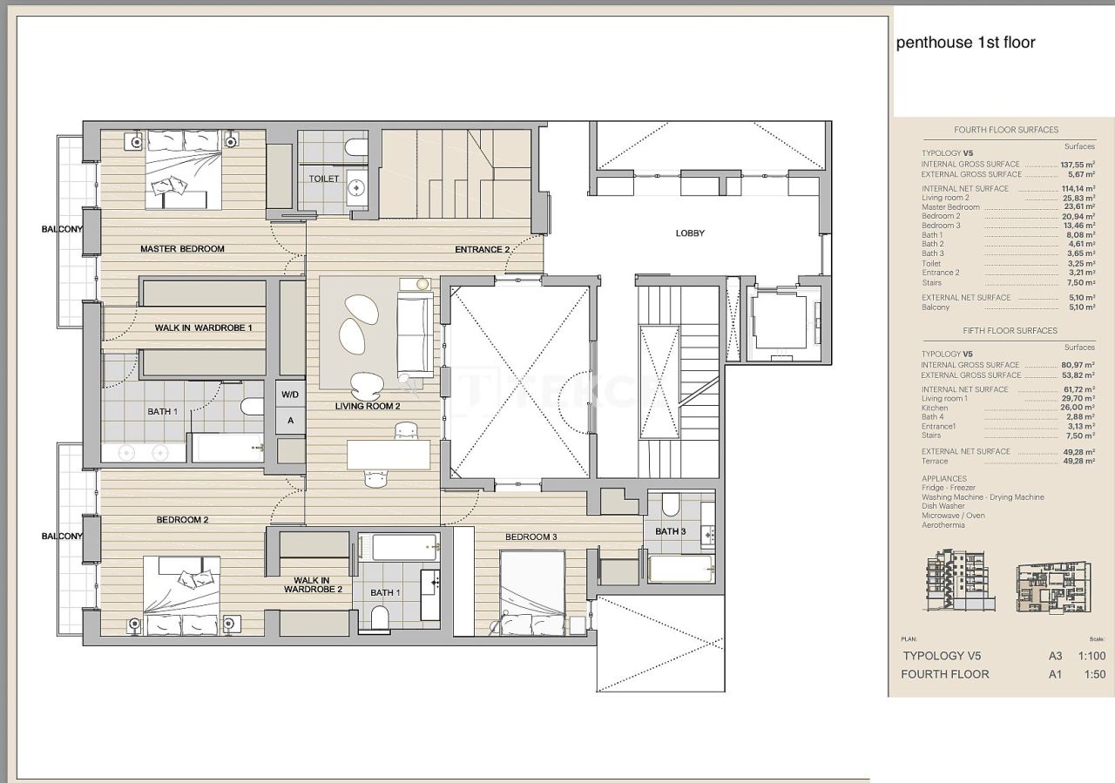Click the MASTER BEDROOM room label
tap(182, 249)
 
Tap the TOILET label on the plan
tap(323, 179)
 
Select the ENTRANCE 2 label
tap(482, 250)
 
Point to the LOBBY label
tap(690, 233)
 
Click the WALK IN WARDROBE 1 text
tap(203, 327)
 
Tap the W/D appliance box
tap(290, 394)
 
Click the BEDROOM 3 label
tap(530, 537)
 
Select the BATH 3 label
tap(671, 531)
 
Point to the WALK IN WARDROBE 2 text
tap(311, 584)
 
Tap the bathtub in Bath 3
tap(680, 570)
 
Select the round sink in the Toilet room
tap(355, 186)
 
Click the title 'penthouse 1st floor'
tap(965, 43)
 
